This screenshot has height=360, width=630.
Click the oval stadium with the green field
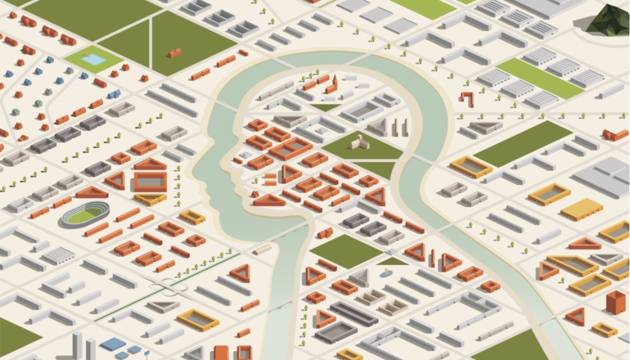tap(84, 215)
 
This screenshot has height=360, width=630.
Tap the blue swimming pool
tap(93, 59)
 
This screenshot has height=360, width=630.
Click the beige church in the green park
tap(359, 142)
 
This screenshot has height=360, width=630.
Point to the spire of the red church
tap(334, 79)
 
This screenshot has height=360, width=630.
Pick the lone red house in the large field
tap(173, 52)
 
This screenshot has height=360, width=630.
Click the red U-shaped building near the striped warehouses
tap(466, 99)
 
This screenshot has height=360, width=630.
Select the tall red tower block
tap(614, 301)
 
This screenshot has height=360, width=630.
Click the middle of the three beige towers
tap(395, 128)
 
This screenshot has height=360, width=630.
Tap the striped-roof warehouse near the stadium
tap(58, 254)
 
